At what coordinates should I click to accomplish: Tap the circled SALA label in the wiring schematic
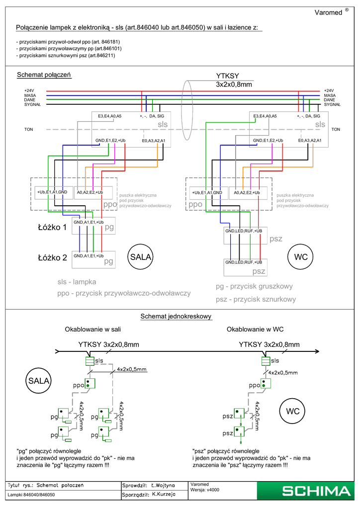(x=141, y=257)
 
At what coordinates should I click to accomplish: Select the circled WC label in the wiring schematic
(x=301, y=257)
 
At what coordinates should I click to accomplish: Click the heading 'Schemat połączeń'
(x=44, y=75)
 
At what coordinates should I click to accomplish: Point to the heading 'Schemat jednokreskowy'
(x=177, y=316)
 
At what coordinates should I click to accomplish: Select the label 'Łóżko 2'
(x=52, y=258)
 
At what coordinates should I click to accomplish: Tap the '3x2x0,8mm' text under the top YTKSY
(x=234, y=85)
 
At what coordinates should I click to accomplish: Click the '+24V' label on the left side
(x=29, y=90)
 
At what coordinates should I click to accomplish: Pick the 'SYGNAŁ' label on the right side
(x=332, y=104)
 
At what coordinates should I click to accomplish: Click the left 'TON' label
(x=28, y=129)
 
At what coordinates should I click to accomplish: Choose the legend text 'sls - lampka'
(x=77, y=282)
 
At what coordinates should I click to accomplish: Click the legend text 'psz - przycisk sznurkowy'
(x=256, y=299)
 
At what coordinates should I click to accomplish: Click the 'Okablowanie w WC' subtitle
(x=255, y=329)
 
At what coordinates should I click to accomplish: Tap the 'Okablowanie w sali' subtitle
(x=93, y=329)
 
